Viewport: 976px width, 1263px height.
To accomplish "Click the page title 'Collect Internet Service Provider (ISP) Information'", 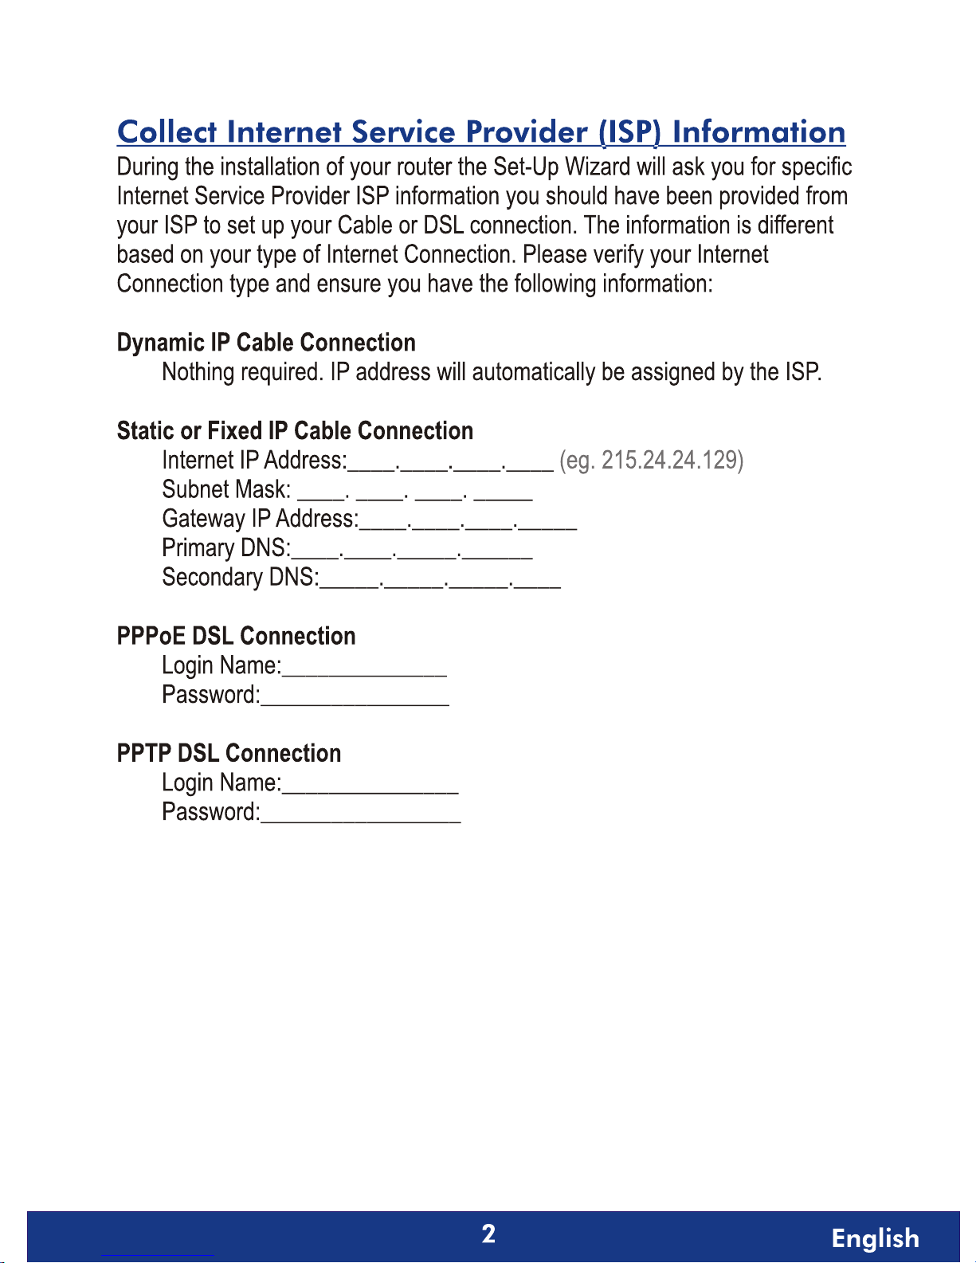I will point(481,132).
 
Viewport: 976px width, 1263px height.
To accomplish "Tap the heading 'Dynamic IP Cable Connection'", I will point(266,343).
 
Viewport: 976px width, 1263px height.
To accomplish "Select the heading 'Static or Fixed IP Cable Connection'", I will point(295,431).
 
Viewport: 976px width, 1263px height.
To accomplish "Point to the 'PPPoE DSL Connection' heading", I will point(236,636).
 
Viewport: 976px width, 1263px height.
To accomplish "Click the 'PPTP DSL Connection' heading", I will point(229,753).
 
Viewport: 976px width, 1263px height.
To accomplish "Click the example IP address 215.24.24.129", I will point(672,461).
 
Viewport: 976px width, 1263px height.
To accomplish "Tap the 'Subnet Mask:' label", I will point(226,489).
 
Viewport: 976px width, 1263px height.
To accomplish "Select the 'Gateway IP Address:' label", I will point(261,519).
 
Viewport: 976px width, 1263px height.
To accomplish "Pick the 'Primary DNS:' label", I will point(226,548).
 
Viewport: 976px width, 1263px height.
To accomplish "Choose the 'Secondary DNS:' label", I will point(241,577).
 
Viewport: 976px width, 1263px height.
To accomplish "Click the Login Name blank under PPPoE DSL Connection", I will point(365,668).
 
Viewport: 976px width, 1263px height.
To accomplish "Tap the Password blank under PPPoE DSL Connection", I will point(355,697).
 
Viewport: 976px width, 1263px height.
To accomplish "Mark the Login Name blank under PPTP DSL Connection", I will point(370,785).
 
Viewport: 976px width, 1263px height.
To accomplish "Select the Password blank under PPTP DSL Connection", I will point(361,814).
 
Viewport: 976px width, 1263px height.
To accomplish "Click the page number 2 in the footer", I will point(488,1234).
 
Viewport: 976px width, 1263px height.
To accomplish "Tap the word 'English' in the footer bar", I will point(875,1238).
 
